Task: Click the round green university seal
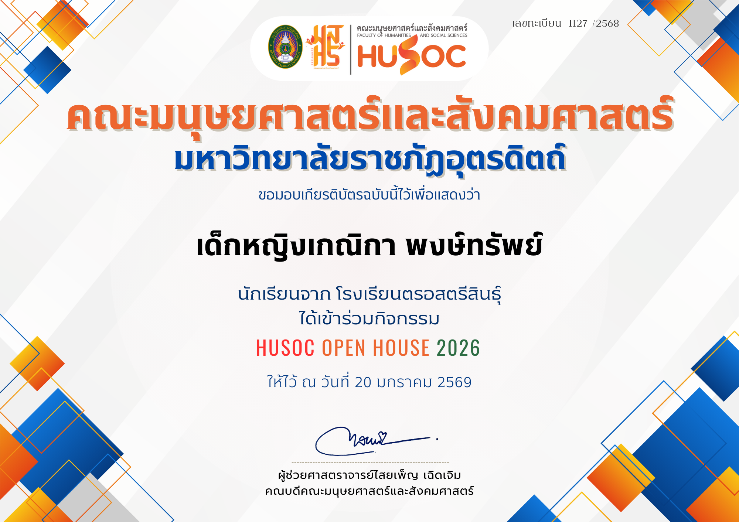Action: (x=285, y=47)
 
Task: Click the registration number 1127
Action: (x=578, y=23)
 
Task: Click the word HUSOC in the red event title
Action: (x=285, y=348)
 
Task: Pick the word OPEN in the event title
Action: (x=344, y=348)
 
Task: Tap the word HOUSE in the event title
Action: (x=401, y=348)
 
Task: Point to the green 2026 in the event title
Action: (x=458, y=348)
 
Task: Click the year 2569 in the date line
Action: (x=454, y=382)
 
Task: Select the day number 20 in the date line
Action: (x=363, y=382)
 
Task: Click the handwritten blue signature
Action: (x=373, y=441)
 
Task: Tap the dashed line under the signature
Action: (x=370, y=462)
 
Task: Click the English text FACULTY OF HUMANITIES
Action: (x=384, y=35)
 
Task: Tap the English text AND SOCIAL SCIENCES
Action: (x=443, y=35)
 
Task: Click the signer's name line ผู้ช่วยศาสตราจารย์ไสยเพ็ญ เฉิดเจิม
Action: (x=369, y=475)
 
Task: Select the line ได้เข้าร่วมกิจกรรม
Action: (x=369, y=318)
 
